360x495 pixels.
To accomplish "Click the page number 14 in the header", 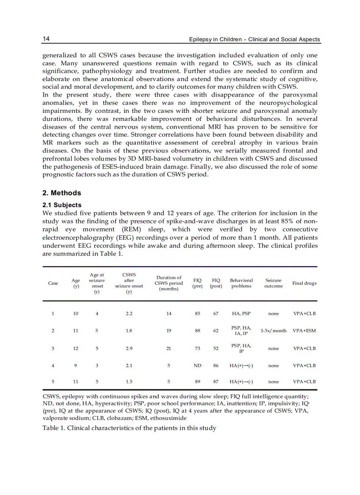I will [x=46, y=39].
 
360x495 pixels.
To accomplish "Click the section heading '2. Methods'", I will [x=62, y=193].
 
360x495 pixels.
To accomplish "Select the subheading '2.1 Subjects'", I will [x=62, y=205].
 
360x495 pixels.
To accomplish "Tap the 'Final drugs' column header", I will [x=304, y=283].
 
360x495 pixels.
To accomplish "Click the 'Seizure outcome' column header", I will [x=274, y=283].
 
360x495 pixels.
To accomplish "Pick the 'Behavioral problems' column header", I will [x=241, y=283].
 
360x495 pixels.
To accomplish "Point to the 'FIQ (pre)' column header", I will [x=197, y=283].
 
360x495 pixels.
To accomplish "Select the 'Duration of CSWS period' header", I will [x=169, y=283].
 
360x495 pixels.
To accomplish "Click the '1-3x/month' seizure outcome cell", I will [x=274, y=331].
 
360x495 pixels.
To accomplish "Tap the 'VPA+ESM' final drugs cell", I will [x=304, y=331].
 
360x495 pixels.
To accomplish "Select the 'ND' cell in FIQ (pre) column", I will [x=197, y=365].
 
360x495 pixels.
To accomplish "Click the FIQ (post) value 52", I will [x=216, y=348].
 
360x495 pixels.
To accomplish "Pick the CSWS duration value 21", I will [x=169, y=348].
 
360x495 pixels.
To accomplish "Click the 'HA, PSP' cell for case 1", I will [x=241, y=313].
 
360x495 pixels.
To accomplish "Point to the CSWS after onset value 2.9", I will [x=129, y=348].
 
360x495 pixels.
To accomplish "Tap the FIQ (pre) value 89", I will [x=197, y=382].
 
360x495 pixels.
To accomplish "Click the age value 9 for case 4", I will [x=76, y=365].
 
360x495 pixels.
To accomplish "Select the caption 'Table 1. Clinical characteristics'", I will [x=129, y=428].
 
